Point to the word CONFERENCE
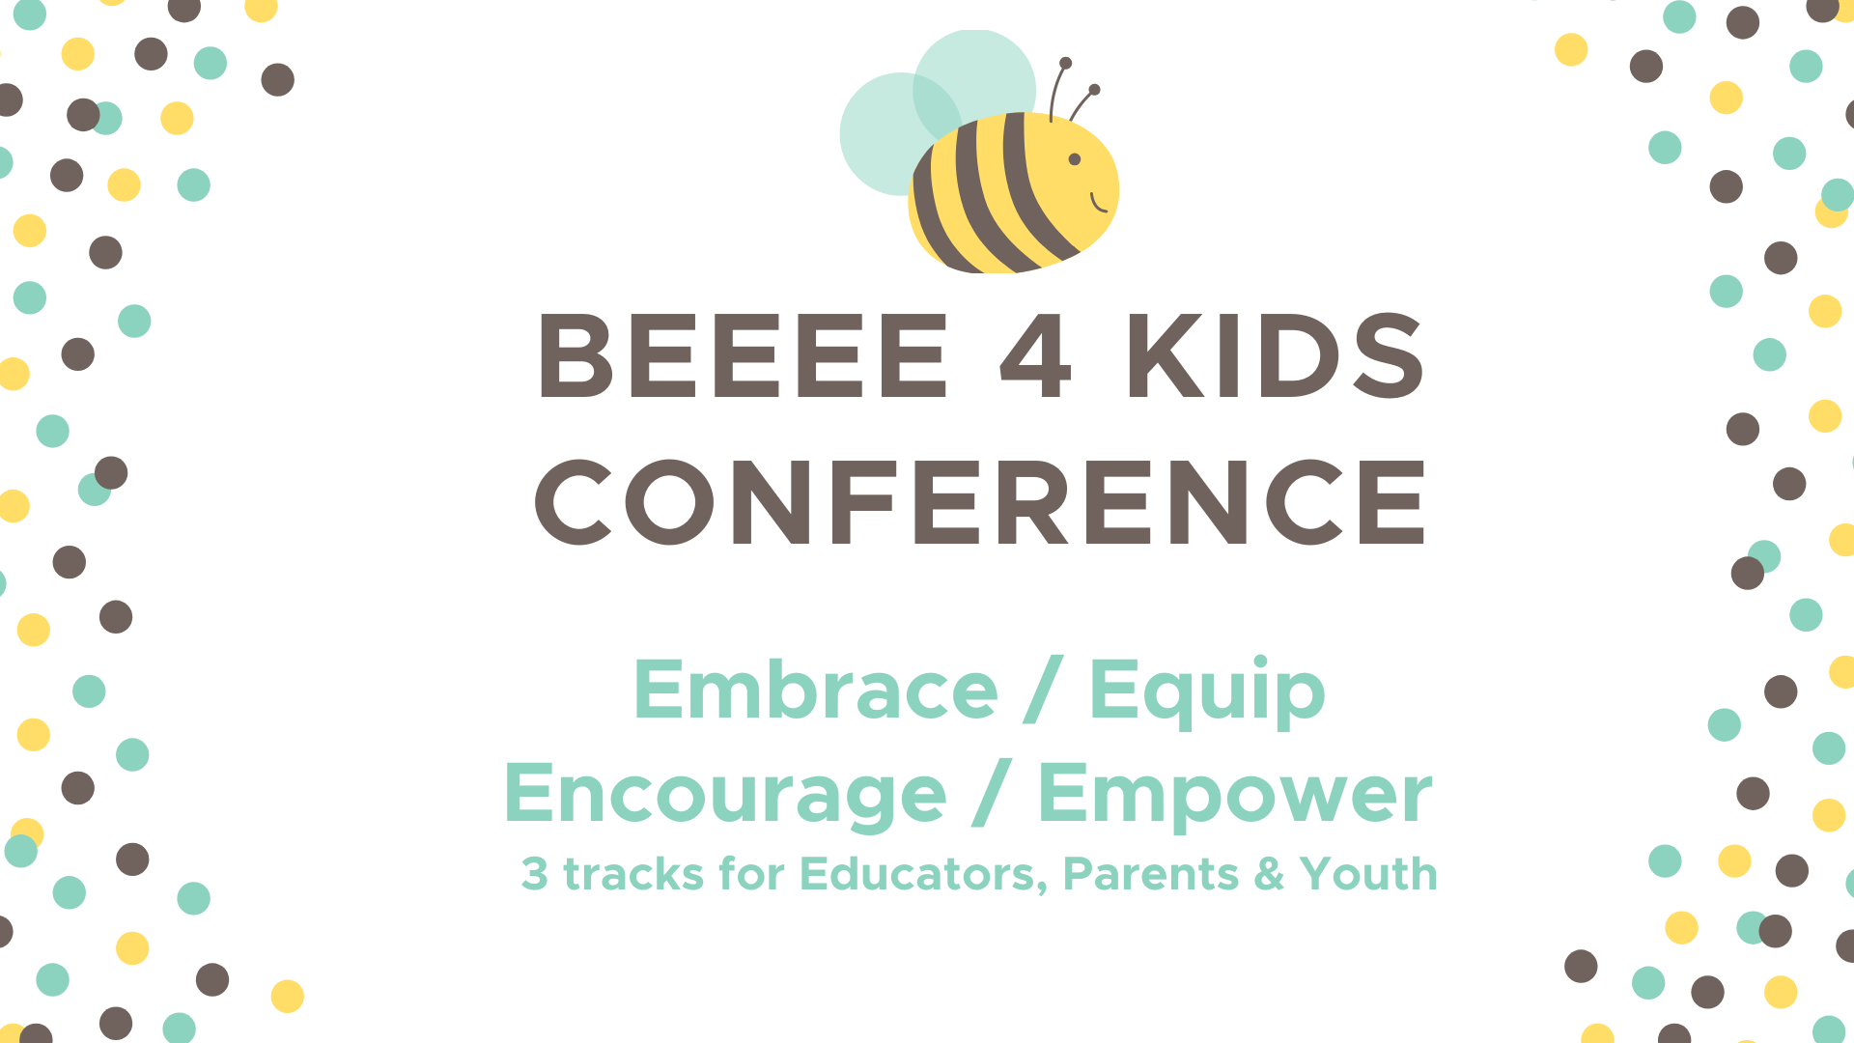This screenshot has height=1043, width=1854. point(980,502)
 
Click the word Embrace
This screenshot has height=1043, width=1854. point(816,690)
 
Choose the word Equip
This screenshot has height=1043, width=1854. point(1207,691)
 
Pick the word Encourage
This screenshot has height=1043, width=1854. point(725,794)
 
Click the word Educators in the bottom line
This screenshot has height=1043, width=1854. point(923,875)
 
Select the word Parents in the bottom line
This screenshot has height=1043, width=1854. point(1150,874)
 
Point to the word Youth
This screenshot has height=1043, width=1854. point(1368,874)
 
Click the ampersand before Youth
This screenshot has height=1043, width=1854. point(1269,874)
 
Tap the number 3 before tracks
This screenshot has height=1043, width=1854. point(535,874)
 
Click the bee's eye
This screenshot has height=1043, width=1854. point(1074,159)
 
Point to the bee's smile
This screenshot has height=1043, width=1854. point(1098,204)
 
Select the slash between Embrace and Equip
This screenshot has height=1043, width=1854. point(1044,689)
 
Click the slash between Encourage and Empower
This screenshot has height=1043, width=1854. point(992,792)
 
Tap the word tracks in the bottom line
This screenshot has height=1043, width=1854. point(633,874)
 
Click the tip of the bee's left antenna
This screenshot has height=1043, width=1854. point(1065,63)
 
